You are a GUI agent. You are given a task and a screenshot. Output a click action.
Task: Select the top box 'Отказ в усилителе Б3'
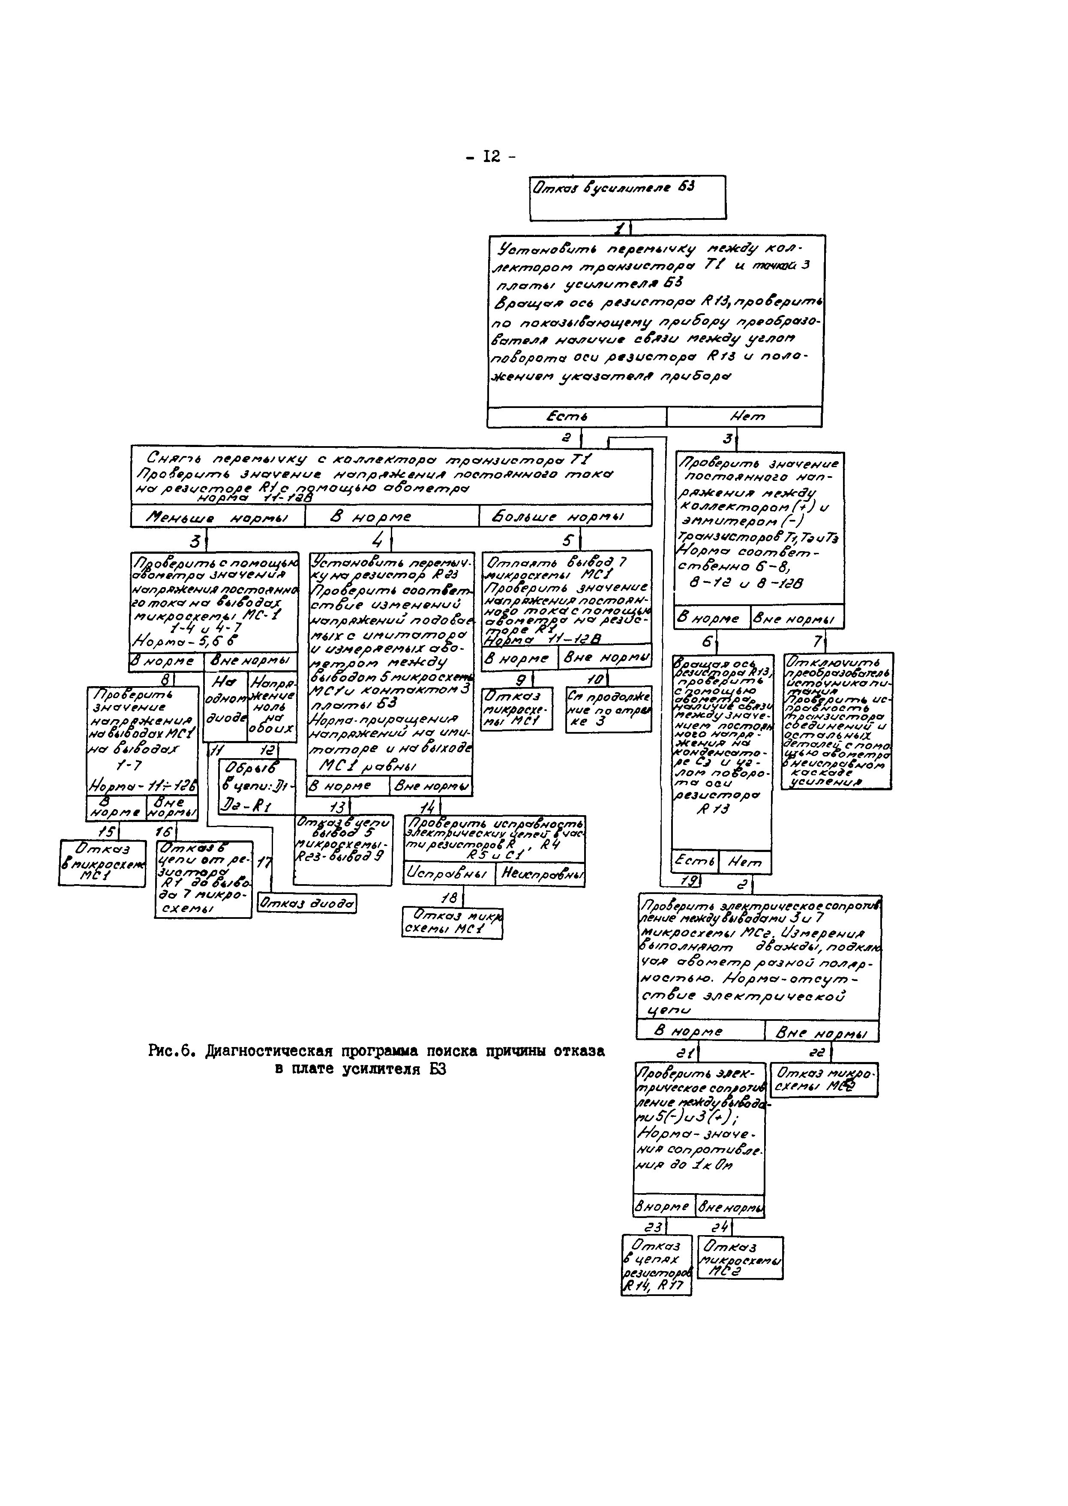627,197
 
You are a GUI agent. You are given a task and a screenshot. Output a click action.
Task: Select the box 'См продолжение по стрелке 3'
608,709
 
